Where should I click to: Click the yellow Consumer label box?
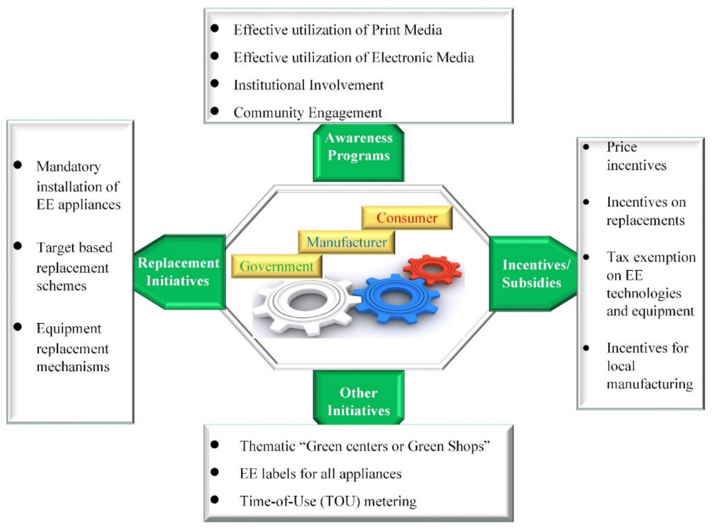[x=407, y=218]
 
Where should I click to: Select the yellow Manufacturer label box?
[x=346, y=242]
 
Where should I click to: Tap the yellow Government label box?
[x=276, y=266]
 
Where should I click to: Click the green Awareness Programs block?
[x=358, y=153]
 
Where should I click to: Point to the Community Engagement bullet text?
[x=307, y=113]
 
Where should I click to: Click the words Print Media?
[x=407, y=30]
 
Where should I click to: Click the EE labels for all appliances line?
[x=320, y=473]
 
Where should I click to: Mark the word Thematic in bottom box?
[x=267, y=446]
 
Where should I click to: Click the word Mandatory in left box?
[x=69, y=167]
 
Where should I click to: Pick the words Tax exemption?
[x=651, y=257]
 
